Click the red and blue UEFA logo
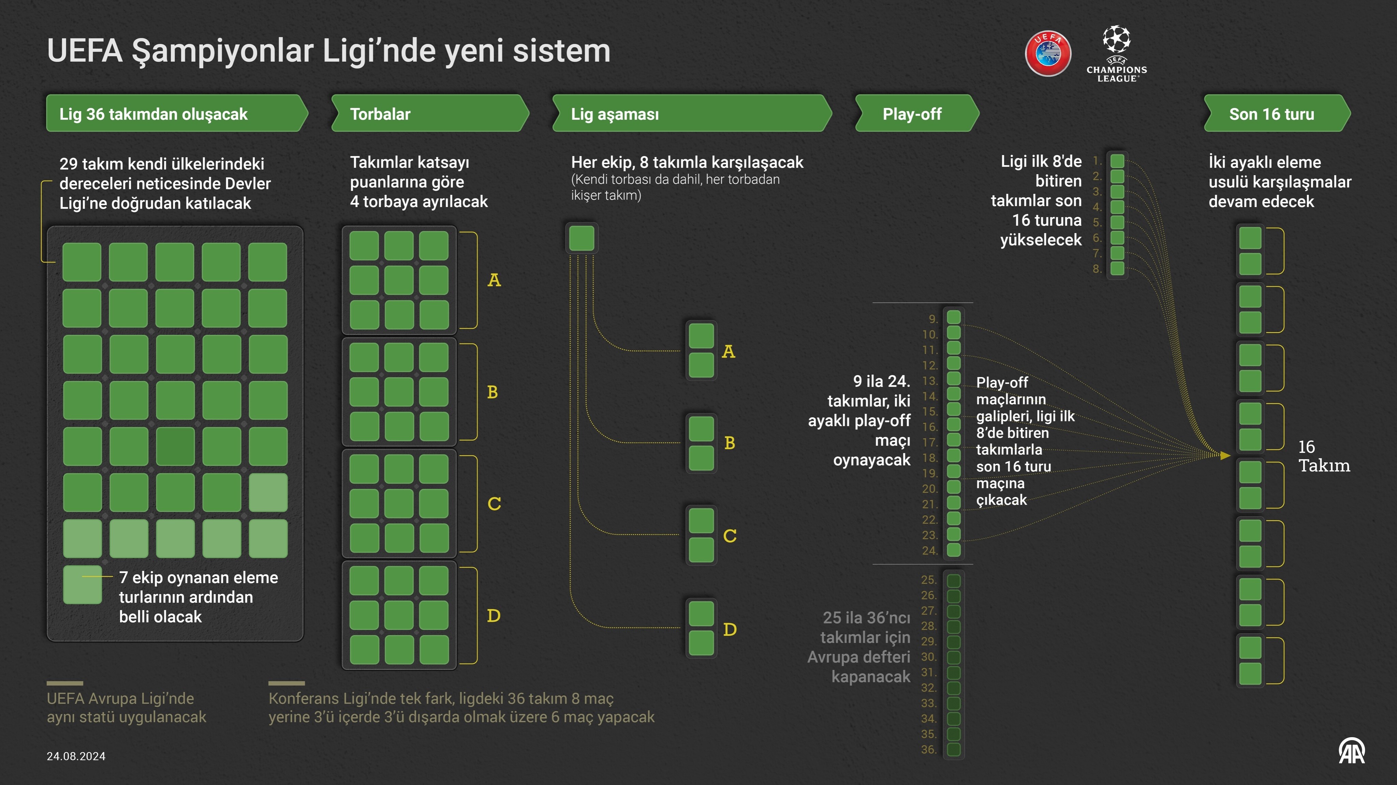(x=1048, y=54)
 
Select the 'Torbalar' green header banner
(x=429, y=114)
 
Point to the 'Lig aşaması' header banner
(x=691, y=114)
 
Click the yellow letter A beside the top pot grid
(x=494, y=280)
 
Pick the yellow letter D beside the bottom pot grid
(x=494, y=616)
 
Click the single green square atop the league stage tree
(x=582, y=238)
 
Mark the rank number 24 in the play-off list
(x=929, y=551)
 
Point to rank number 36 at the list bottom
(x=928, y=750)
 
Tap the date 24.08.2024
(x=76, y=756)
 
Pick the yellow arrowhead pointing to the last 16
(x=1224, y=455)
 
